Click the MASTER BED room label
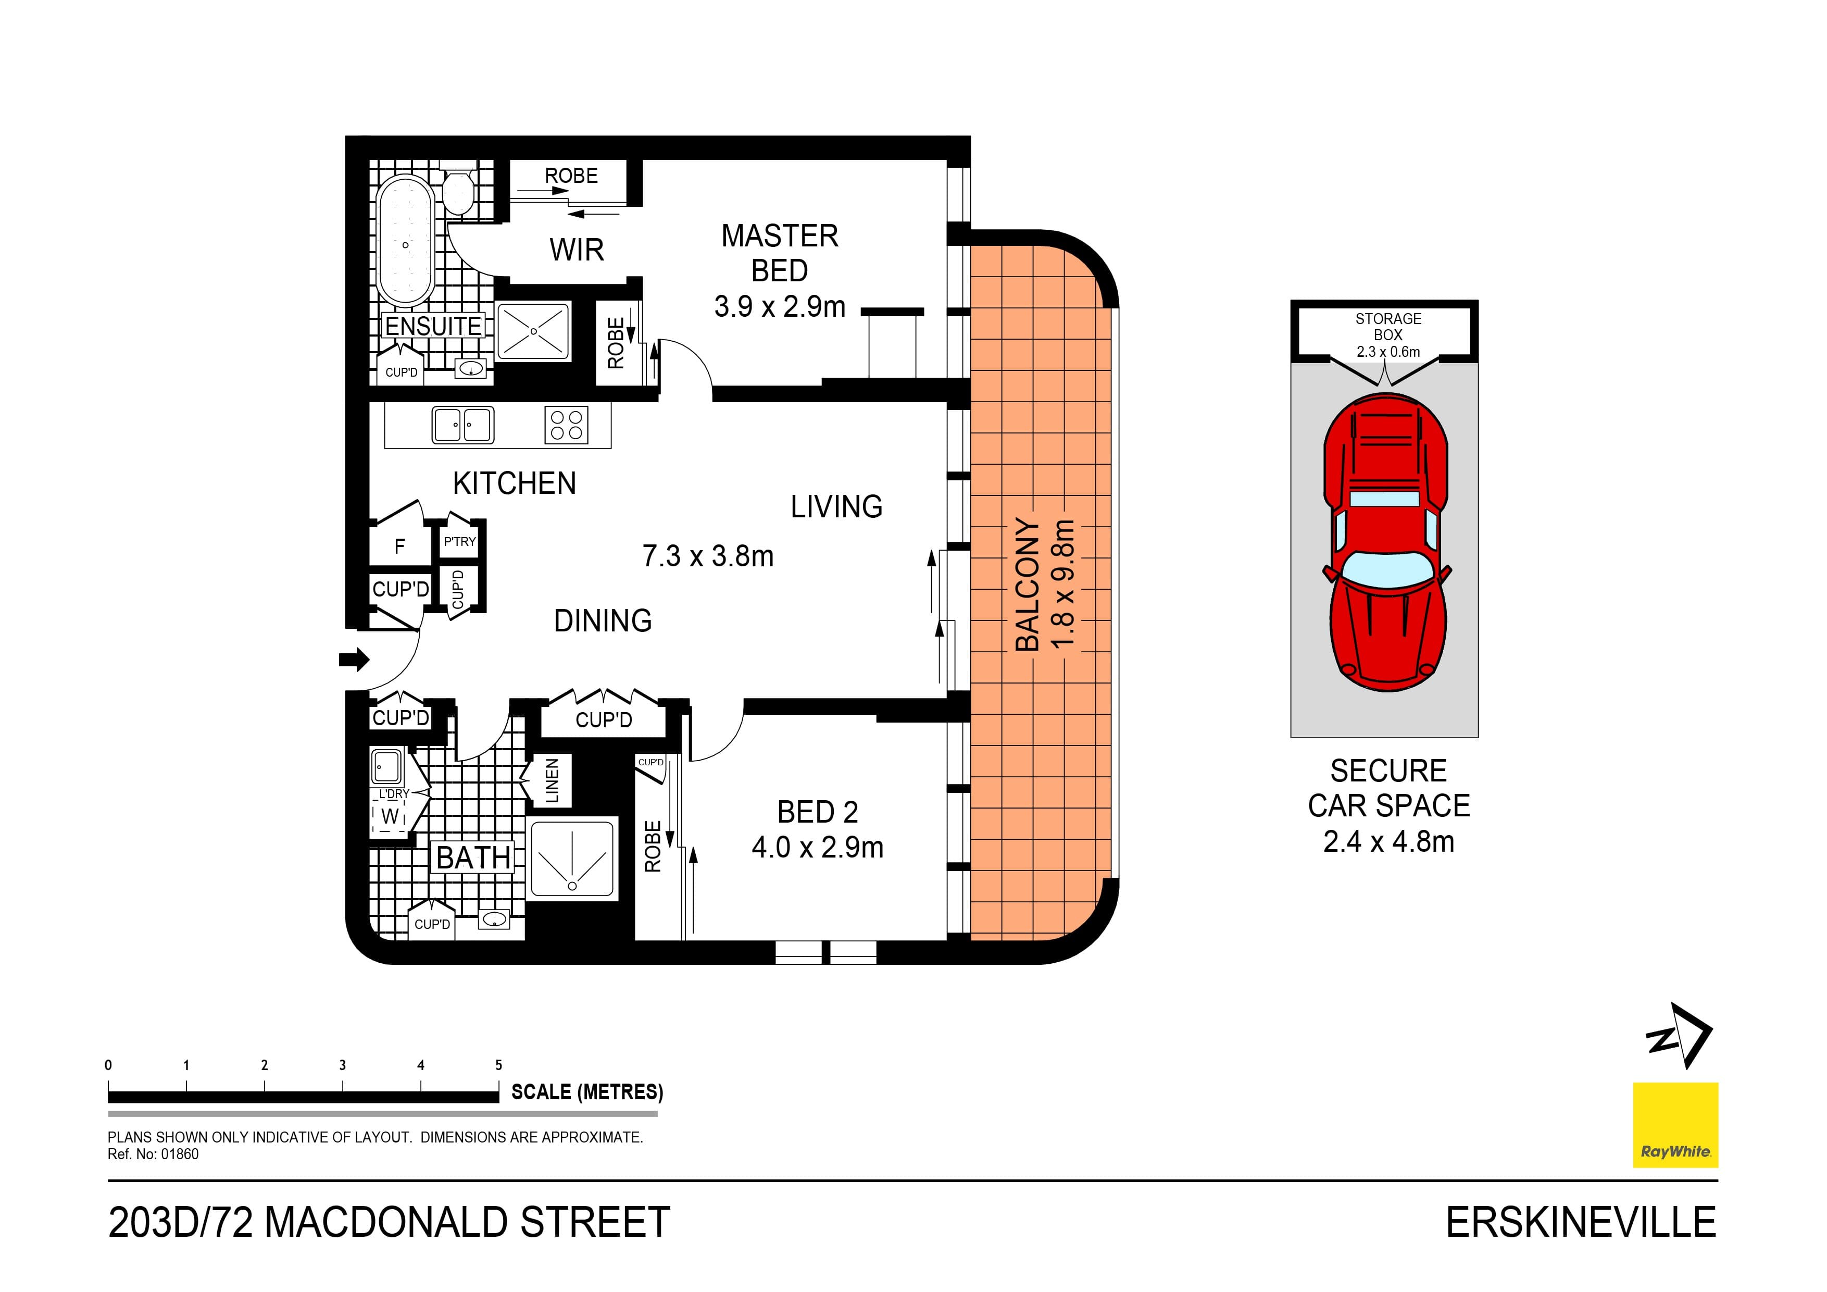pos(779,253)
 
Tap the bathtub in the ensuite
pos(405,242)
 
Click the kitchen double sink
pos(462,425)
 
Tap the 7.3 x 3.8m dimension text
pos(707,556)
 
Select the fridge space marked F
pos(399,546)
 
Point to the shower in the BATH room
pos(572,860)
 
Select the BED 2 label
pos(817,812)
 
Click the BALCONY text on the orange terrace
pos(1027,585)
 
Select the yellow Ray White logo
pos(1675,1124)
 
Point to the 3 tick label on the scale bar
pos(342,1065)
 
